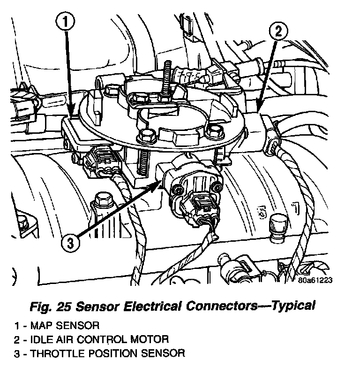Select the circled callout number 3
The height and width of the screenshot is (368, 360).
point(69,243)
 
